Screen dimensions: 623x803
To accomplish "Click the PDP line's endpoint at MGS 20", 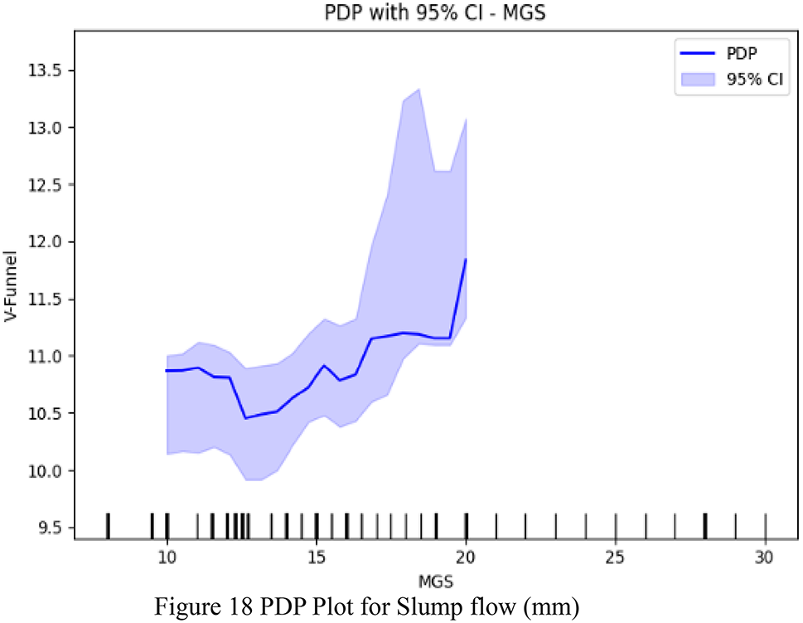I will [x=467, y=259].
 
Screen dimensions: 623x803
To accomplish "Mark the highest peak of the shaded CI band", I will [x=419, y=89].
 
